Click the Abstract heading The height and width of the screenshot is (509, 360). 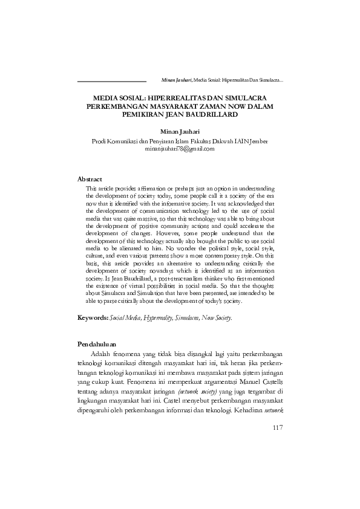pyautogui.click(x=90, y=180)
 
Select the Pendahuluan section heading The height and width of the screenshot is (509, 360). pyautogui.click(x=99, y=343)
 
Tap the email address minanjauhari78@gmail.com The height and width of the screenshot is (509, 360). pyautogui.click(x=180, y=148)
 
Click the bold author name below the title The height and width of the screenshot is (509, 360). pyautogui.click(x=180, y=131)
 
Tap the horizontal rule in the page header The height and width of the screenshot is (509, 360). pyautogui.click(x=113, y=80)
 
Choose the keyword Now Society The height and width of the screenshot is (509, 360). pyautogui.click(x=217, y=317)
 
